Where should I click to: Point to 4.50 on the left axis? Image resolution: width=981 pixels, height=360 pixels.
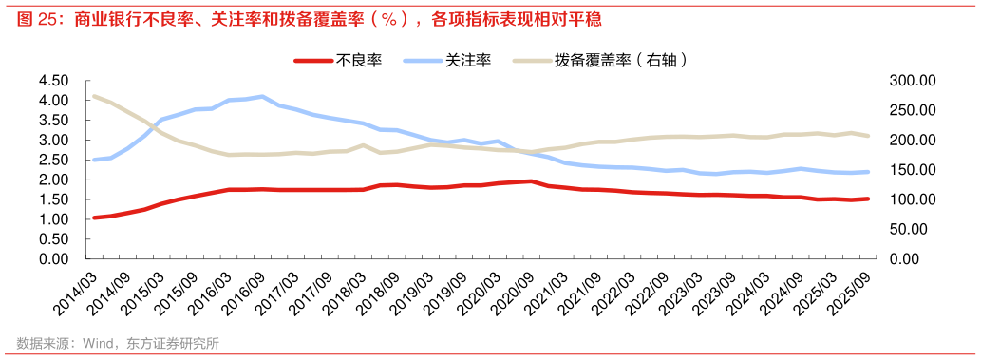[53, 81]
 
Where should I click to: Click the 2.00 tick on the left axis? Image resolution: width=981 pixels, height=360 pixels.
[53, 180]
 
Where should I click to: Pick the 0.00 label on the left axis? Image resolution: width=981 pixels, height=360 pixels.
[53, 258]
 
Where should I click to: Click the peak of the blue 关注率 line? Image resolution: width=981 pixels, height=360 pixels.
[262, 97]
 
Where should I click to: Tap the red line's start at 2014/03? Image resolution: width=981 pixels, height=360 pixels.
[93, 218]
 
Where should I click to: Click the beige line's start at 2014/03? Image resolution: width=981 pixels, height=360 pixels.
[93, 96]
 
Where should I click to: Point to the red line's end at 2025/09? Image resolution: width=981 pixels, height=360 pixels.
[867, 199]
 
